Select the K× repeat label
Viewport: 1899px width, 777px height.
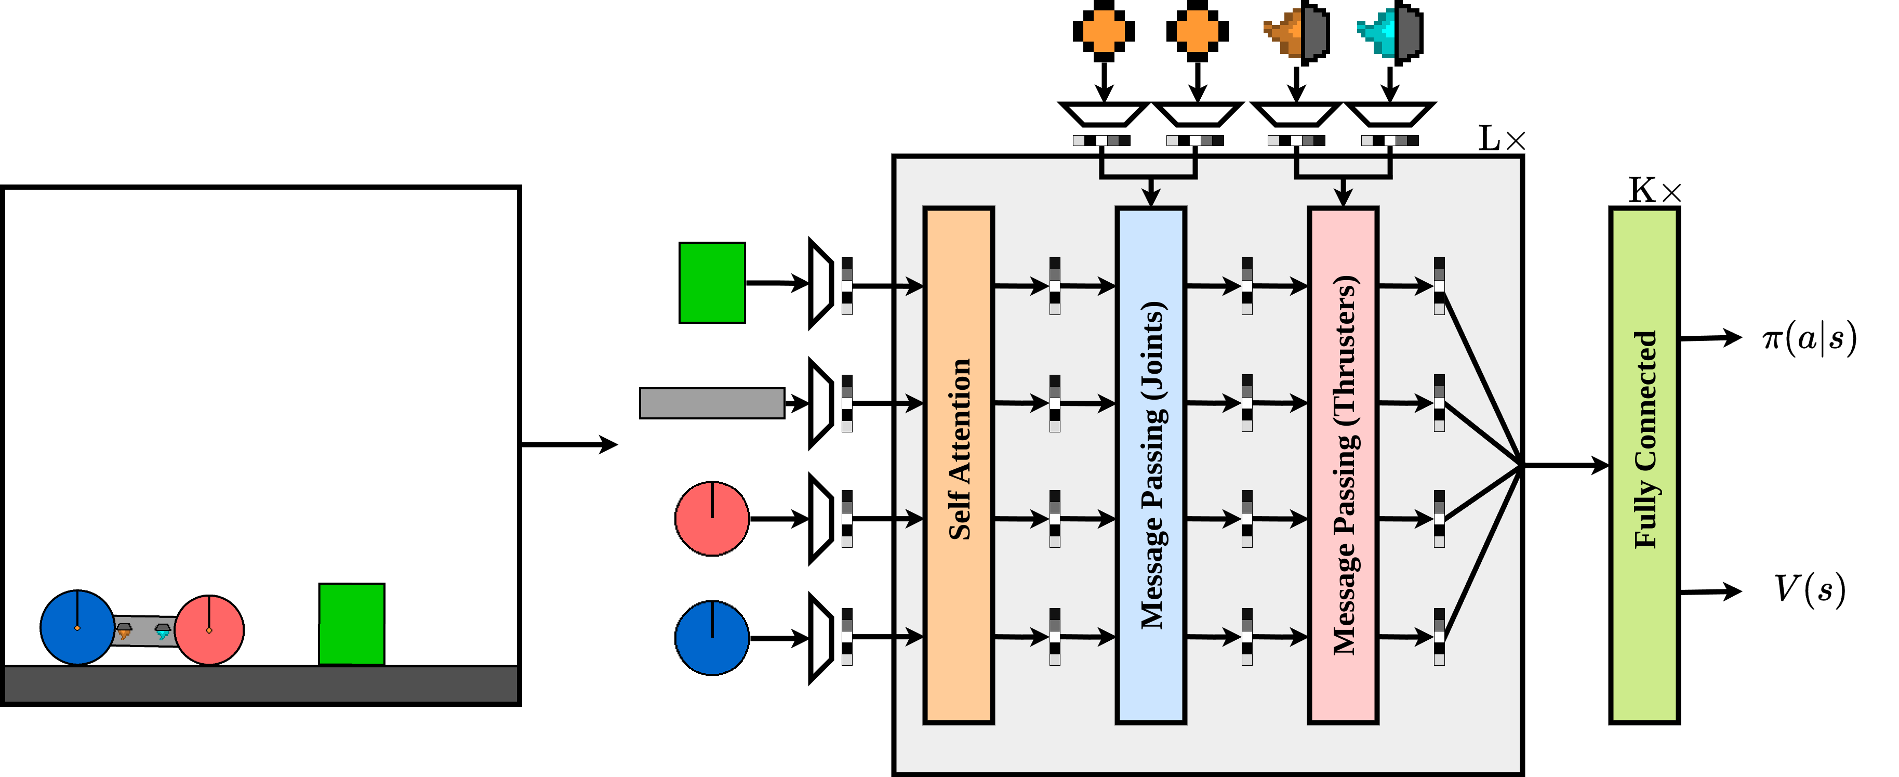point(1654,191)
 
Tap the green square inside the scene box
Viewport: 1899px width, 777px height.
point(352,624)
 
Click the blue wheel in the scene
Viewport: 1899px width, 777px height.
point(77,627)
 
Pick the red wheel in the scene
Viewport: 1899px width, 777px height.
point(209,629)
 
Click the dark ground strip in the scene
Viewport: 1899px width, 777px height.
point(261,684)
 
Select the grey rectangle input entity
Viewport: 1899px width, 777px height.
point(711,403)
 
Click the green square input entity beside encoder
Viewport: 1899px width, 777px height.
point(711,282)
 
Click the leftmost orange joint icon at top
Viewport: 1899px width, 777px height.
point(1104,31)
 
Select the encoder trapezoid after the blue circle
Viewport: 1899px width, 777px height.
point(820,638)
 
